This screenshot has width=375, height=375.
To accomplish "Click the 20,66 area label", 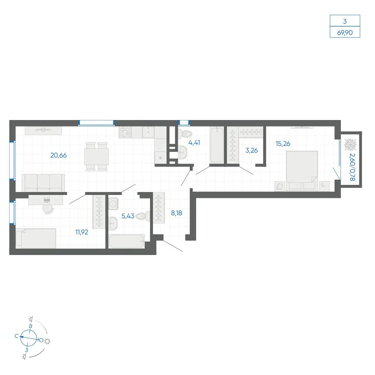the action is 58,156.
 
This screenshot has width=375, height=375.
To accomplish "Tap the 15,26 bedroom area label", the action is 283,144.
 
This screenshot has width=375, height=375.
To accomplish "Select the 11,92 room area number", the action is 82,232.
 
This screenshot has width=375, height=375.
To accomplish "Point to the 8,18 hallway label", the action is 177,213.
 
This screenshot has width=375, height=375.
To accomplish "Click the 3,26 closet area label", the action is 252,150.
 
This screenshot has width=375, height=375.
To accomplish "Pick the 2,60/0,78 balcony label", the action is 352,167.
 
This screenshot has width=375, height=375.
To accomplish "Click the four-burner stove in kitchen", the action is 125,132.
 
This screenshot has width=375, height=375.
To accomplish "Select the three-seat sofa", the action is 43,183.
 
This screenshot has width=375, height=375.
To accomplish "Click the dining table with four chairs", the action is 97,157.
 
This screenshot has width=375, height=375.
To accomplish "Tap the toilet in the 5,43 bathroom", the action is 143,216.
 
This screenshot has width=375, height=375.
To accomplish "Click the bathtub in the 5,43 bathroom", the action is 126,241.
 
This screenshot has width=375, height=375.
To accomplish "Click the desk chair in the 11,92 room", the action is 48,209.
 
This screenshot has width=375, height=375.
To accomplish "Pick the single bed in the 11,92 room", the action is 36,238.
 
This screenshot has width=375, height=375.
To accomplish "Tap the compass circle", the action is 28,338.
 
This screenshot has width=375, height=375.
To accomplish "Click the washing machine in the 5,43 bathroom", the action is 113,204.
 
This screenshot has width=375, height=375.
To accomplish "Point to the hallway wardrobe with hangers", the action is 159,208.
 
